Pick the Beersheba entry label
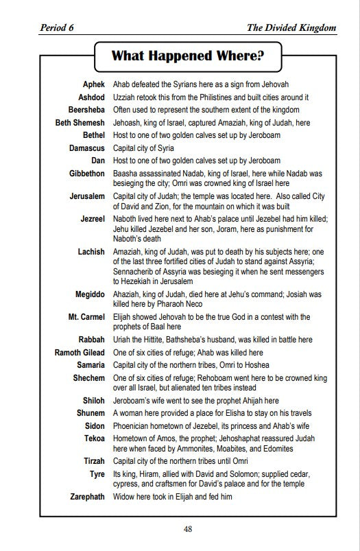coord(86,110)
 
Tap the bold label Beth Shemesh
coord(80,122)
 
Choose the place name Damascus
coord(87,148)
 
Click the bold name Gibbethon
coord(87,174)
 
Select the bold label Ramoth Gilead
coord(80,352)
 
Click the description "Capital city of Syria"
coord(143,148)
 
